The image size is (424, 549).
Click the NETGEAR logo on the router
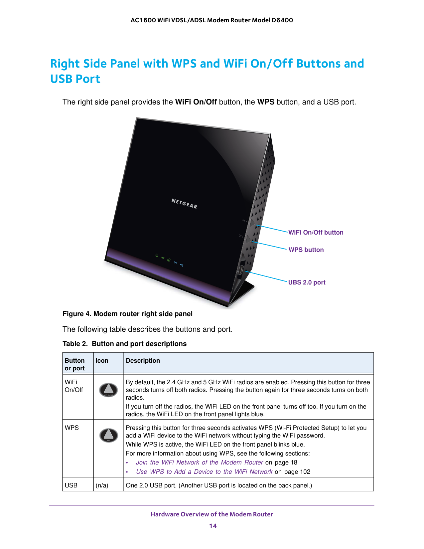click(184, 203)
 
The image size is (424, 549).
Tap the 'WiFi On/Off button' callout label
click(316, 233)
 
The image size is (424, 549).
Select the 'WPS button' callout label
click(306, 250)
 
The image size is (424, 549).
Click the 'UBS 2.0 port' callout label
click(307, 282)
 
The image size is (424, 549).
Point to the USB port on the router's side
click(240, 270)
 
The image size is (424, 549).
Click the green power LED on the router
click(157, 256)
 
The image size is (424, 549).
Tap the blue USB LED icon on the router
click(182, 265)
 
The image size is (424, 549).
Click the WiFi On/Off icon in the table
click(108, 390)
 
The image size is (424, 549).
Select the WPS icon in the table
click(109, 435)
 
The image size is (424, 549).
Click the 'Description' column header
click(143, 361)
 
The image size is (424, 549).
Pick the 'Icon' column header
click(102, 361)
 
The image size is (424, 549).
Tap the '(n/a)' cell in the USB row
click(102, 485)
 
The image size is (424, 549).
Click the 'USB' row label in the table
click(71, 485)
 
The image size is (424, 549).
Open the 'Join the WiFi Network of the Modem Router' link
click(200, 462)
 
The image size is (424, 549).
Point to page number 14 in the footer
click(213, 526)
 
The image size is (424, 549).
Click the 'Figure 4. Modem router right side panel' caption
click(127, 314)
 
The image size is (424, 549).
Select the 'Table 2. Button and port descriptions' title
click(124, 344)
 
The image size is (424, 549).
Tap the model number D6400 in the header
click(282, 20)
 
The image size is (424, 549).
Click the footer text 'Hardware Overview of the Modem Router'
click(212, 514)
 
